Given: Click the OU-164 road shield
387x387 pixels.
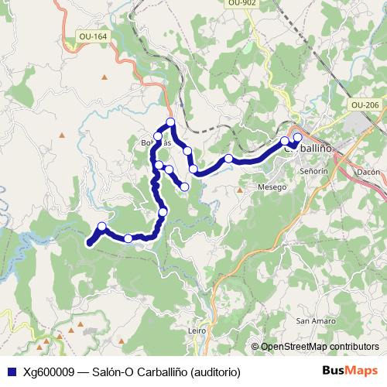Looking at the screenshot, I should (x=94, y=36).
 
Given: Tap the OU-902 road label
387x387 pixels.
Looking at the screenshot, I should (x=242, y=4).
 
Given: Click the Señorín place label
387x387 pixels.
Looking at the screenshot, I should (x=313, y=170).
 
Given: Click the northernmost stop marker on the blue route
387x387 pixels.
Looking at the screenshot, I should (x=170, y=122).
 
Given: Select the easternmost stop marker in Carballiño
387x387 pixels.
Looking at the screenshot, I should (x=297, y=137).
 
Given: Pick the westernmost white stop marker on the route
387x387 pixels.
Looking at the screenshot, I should (x=101, y=226).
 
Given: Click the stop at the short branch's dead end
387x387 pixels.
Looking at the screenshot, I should (x=185, y=187).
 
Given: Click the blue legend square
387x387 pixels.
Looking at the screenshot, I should (x=10, y=371).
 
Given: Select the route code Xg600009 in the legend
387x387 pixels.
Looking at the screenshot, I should (x=48, y=371).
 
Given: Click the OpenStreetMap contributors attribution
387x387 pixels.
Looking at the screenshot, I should (x=320, y=347).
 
